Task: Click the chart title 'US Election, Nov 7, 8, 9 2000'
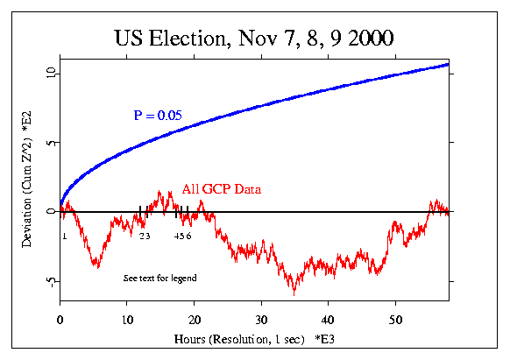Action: click(x=254, y=39)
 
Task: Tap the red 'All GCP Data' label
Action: click(x=222, y=188)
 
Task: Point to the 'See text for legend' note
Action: click(x=159, y=278)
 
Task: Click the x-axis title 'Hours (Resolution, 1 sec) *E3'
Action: click(x=255, y=336)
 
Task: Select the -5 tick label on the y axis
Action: click(x=50, y=283)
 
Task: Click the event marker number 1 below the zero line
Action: click(x=64, y=236)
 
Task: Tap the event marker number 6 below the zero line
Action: click(x=188, y=236)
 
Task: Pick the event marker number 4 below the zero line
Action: click(x=176, y=236)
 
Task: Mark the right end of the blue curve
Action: click(x=449, y=64)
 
